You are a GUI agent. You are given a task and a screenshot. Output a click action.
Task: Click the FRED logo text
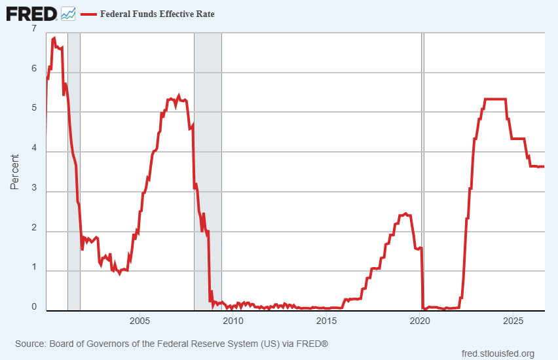tap(31, 14)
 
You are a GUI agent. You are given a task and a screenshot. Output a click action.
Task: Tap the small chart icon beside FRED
tap(68, 14)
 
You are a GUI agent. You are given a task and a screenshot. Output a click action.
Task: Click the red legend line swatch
tap(88, 14)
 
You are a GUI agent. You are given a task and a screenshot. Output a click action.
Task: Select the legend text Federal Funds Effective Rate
tap(157, 14)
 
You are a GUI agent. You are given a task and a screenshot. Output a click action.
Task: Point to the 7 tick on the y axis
tap(34, 28)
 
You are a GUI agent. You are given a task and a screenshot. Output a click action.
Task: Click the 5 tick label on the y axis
tap(34, 108)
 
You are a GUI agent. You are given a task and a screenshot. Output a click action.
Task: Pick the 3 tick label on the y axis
tap(34, 187)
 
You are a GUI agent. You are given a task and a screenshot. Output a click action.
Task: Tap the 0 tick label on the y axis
tap(34, 306)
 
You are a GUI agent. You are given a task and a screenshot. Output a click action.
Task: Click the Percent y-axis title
tap(14, 171)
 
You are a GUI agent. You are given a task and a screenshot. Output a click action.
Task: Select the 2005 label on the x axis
tap(139, 321)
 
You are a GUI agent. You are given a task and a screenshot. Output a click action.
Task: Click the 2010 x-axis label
tap(233, 321)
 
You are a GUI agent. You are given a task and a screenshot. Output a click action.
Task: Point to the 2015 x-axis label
tap(326, 321)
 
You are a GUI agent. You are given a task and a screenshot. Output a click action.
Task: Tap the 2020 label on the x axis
tap(420, 321)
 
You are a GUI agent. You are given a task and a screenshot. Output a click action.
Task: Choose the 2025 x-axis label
tap(513, 321)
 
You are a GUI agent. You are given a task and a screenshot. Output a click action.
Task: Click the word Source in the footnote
tap(31, 344)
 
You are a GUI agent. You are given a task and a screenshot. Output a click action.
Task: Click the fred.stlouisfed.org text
tap(498, 353)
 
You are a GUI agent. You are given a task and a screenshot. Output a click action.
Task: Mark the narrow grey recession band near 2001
tap(74, 171)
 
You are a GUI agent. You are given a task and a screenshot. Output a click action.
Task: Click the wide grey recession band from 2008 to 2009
tap(208, 171)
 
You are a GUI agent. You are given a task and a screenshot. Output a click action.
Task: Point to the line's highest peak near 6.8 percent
tap(54, 38)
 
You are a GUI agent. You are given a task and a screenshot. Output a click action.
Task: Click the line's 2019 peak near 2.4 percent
tap(405, 214)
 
